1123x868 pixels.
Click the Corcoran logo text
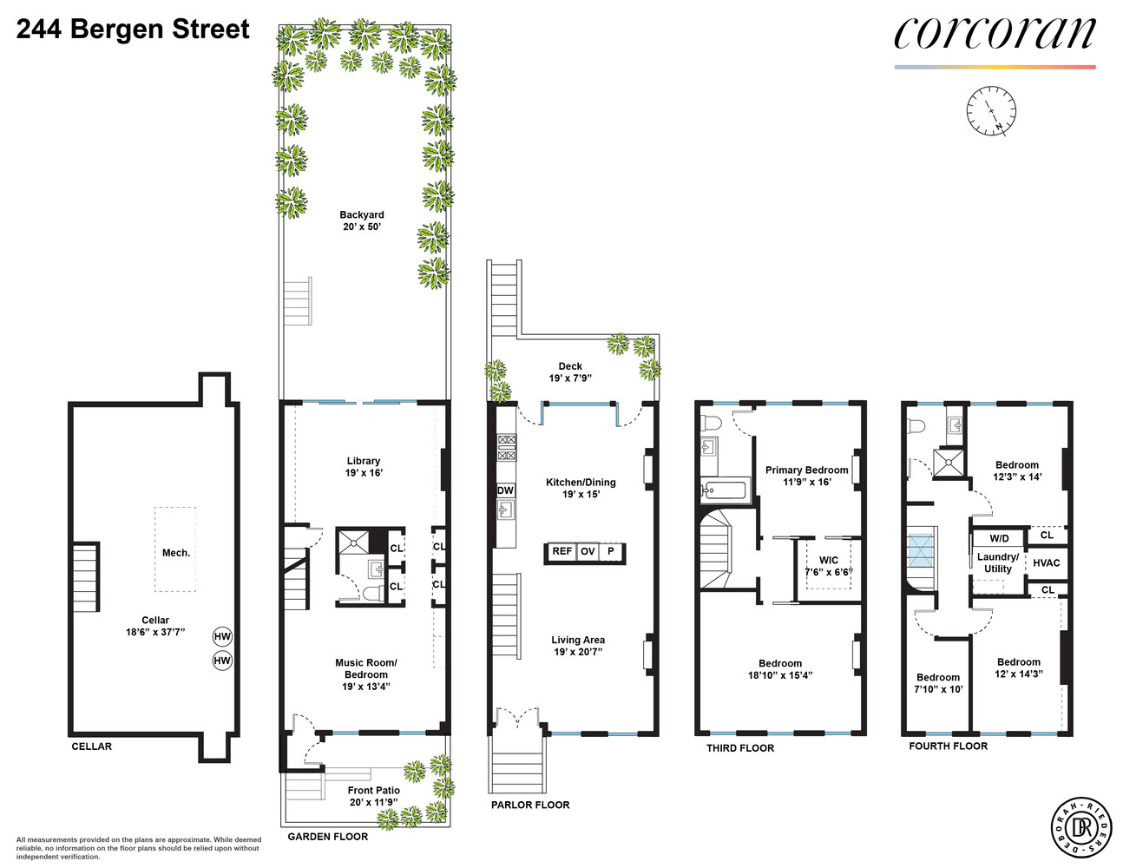[995, 35]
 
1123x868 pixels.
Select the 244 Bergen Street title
[133, 30]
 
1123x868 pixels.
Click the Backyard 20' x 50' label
[362, 220]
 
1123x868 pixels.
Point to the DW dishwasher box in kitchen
[505, 490]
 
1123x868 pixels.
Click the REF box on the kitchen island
[561, 552]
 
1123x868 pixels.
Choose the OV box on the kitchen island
[588, 552]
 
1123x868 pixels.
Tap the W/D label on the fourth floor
[999, 538]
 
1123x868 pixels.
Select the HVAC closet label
[1047, 562]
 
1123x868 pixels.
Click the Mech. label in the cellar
[176, 553]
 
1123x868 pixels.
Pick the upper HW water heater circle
[223, 636]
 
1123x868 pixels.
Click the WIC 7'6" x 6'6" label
[829, 566]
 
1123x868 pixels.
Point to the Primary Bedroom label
[806, 476]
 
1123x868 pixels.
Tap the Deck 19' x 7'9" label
[570, 372]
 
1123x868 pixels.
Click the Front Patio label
[373, 796]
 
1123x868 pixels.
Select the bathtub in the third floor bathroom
[724, 490]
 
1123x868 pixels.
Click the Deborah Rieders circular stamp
[1081, 827]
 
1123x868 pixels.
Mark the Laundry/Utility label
[997, 562]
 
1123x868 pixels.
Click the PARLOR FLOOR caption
[530, 805]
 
